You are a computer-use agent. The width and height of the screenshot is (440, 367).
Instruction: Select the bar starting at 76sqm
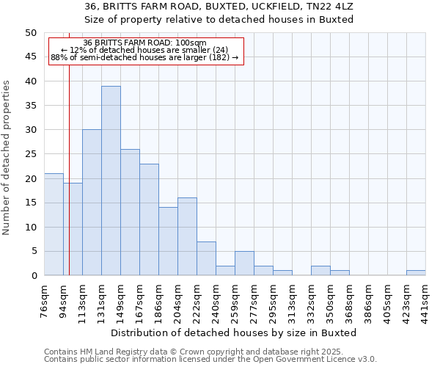[x=54, y=225]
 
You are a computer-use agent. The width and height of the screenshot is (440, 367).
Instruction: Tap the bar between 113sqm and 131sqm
[x=92, y=203]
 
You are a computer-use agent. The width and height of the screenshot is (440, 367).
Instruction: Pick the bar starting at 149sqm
[x=130, y=212]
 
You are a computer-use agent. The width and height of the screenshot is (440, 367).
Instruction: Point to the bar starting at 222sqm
[x=206, y=258]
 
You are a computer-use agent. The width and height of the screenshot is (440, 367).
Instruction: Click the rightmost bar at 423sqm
[x=416, y=273]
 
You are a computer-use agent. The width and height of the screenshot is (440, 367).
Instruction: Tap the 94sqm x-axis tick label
[x=64, y=300]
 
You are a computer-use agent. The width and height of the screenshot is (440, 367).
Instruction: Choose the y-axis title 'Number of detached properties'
[x=7, y=158]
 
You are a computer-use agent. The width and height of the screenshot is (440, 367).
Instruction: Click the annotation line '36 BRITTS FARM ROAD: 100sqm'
[x=145, y=43]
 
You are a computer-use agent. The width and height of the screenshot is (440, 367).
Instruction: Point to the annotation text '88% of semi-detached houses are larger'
[x=144, y=57]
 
